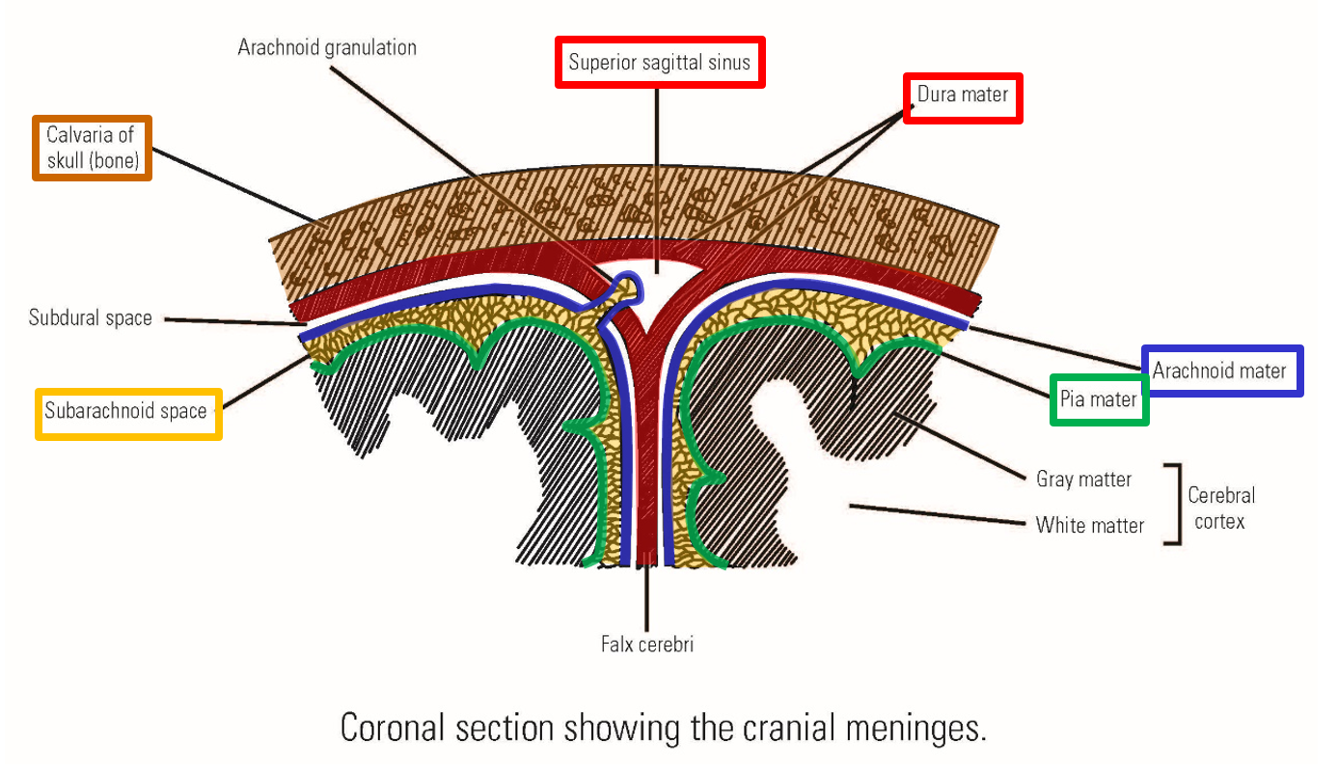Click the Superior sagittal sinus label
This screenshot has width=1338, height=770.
(x=660, y=63)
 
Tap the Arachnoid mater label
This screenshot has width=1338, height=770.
(x=1219, y=371)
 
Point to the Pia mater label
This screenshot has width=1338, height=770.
(x=1099, y=399)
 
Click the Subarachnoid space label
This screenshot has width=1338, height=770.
(x=127, y=412)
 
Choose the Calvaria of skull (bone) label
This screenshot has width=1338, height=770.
(x=92, y=148)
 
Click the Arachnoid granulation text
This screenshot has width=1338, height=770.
(x=327, y=46)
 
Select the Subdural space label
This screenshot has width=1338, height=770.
(x=91, y=317)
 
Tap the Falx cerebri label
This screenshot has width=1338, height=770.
(x=647, y=644)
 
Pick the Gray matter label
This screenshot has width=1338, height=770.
(x=1083, y=479)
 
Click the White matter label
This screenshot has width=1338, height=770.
(x=1089, y=525)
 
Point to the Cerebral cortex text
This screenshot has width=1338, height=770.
(x=1220, y=508)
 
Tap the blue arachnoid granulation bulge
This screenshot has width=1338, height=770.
(x=626, y=285)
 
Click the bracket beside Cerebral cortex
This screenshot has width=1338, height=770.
(x=1175, y=504)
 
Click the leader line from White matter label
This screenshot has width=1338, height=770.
(x=936, y=514)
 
